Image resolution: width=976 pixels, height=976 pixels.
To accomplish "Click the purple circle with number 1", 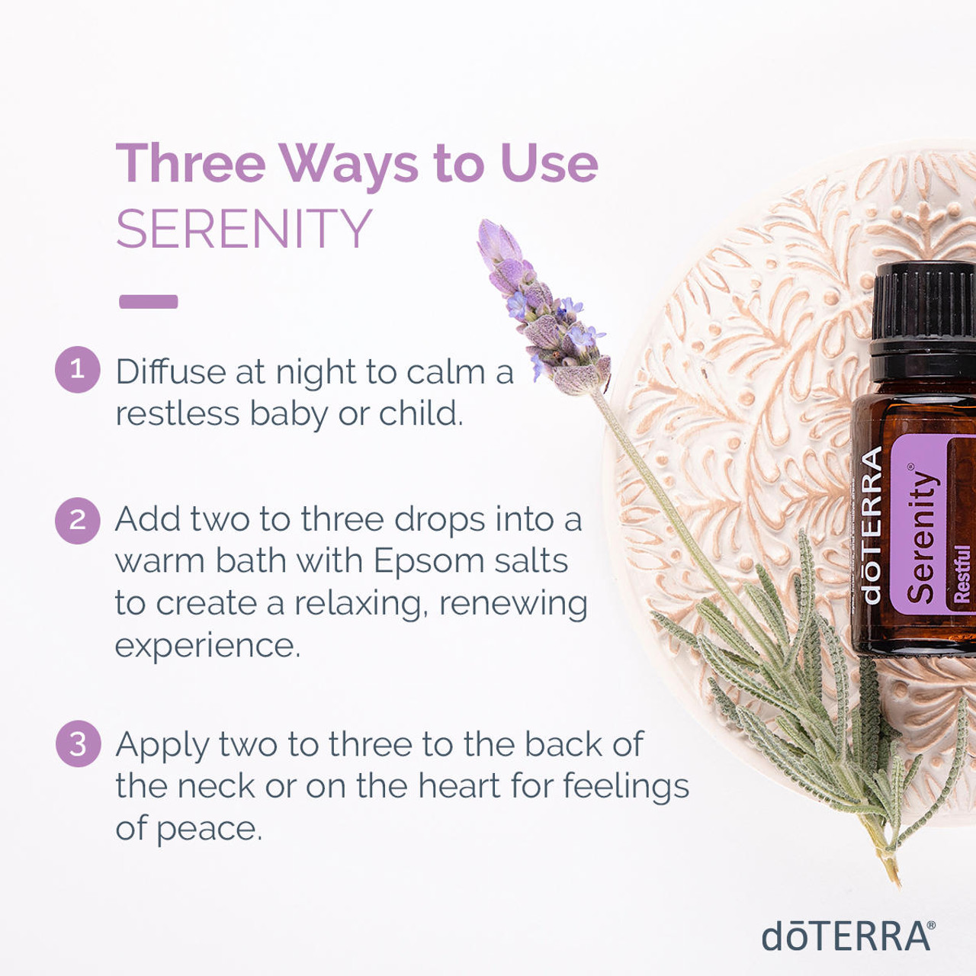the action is pos(78,369).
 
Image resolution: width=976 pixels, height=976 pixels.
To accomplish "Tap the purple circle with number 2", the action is pos(78,521).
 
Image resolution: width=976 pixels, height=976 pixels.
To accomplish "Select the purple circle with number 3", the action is pos(78,743).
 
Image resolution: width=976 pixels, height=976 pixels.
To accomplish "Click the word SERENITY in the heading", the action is pos(244,229).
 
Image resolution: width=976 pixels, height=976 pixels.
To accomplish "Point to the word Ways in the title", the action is pos(348,165).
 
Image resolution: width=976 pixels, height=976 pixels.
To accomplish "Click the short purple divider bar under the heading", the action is pos(149,301).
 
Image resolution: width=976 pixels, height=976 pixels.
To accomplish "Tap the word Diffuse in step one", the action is pos(172,372).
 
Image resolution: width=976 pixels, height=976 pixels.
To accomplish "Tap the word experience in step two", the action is pos(207,647).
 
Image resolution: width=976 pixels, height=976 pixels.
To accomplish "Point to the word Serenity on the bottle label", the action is pos(921,536).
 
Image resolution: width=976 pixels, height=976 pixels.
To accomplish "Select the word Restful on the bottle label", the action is pos(962,573).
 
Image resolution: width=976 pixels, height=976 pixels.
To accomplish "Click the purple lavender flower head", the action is pos(542,307).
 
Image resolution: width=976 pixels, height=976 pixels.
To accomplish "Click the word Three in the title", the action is pos(191,163).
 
